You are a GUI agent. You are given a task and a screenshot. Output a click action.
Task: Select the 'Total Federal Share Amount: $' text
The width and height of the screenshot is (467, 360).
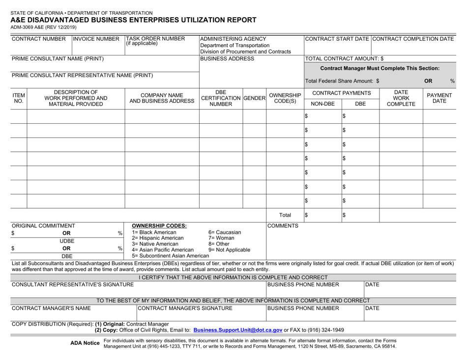coord(343,81)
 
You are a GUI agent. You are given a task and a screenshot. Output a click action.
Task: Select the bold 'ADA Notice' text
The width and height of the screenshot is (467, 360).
coord(86,343)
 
